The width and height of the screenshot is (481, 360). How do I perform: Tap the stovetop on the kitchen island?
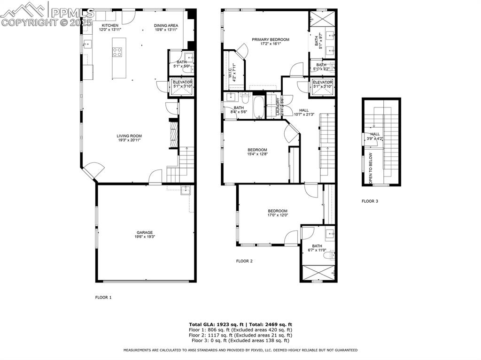pos(117,52)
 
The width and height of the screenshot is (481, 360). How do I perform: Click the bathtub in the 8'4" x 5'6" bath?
pos(258,107)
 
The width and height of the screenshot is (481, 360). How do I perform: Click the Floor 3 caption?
pos(370,201)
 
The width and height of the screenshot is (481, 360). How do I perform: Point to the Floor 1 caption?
pos(103,297)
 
